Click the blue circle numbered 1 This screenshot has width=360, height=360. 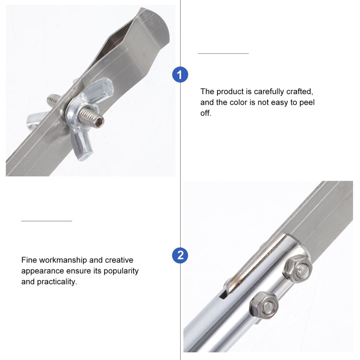pos(180,75)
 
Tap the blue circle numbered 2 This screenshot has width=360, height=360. pos(180,256)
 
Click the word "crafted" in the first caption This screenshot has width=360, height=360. pos(300,91)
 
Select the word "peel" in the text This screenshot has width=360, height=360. pos(307,103)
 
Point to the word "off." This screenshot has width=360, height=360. pos(206,113)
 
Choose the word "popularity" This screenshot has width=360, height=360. pos(121,271)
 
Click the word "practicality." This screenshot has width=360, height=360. pos(57,282)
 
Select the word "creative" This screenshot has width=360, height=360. pos(119,260)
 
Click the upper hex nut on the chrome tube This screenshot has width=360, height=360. pos(298,269)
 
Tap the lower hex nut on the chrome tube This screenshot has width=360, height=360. pos(264,305)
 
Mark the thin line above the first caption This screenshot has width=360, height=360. pos(223,53)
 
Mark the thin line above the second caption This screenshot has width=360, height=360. pos(47,221)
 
